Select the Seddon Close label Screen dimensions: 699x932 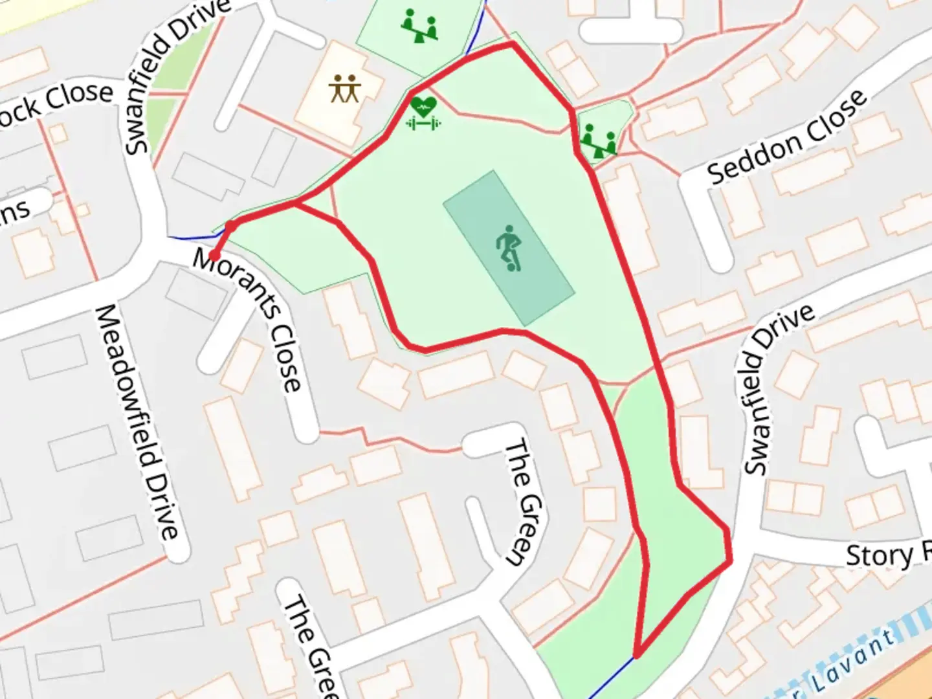[x=786, y=137]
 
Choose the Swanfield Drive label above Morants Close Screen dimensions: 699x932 [x=175, y=74]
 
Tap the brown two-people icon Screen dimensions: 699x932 [x=344, y=89]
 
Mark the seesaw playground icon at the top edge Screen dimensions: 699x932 [x=419, y=26]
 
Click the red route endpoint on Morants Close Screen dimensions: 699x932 [x=214, y=256]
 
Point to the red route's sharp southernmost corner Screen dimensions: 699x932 [x=637, y=656]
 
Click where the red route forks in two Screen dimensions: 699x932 [x=296, y=204]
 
